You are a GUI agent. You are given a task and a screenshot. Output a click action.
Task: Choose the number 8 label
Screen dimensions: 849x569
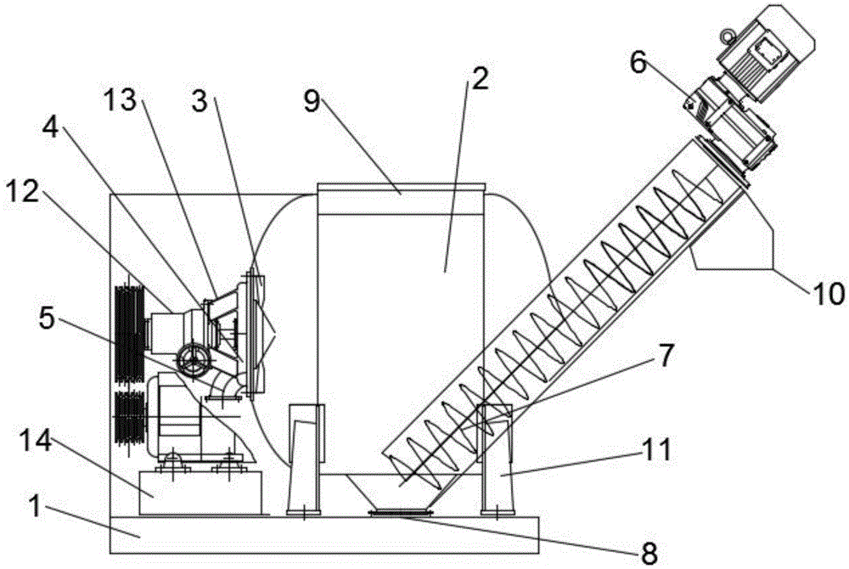click(649, 552)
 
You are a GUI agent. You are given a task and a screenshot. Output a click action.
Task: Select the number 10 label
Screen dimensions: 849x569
click(828, 294)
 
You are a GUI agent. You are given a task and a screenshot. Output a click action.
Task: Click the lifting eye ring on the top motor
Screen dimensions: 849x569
click(727, 36)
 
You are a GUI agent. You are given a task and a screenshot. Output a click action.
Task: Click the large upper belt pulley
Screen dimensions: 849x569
click(130, 332)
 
